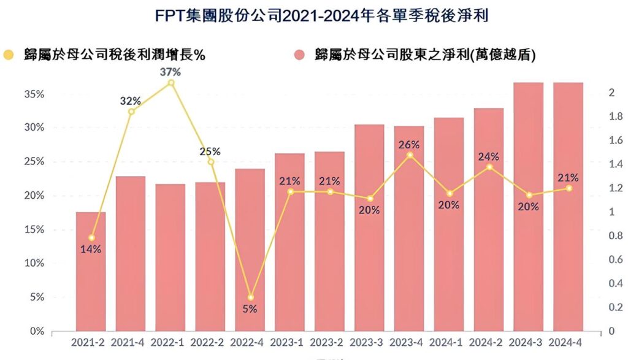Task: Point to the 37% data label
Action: pyautogui.click(x=170, y=72)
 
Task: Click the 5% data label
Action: pyautogui.click(x=250, y=309)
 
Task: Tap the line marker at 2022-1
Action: pyautogui.click(x=171, y=82)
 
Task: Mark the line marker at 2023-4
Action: pyautogui.click(x=410, y=155)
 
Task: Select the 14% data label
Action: pyautogui.click(x=91, y=249)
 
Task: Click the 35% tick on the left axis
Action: pyautogui.click(x=34, y=94)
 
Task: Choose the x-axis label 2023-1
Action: pyautogui.click(x=289, y=342)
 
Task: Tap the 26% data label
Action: pyautogui.click(x=409, y=145)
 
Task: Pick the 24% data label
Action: pyautogui.click(x=489, y=156)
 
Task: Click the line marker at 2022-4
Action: pyautogui.click(x=250, y=297)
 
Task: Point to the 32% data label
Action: pyautogui.click(x=131, y=101)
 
